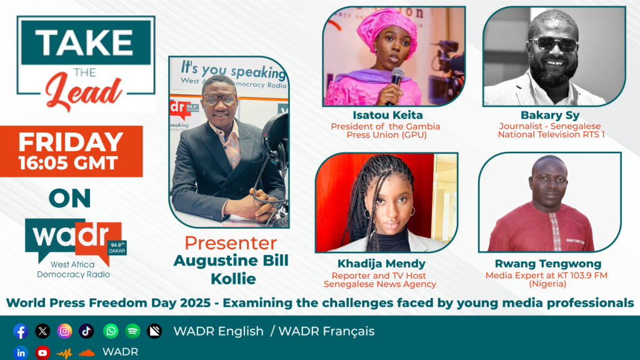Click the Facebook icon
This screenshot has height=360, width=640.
21,331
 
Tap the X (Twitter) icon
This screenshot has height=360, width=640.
42,331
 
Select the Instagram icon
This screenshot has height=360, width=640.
64,331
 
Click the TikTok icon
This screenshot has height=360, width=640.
86,331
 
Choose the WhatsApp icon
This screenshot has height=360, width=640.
111,331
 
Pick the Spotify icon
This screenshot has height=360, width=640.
132,331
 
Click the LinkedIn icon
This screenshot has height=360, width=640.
21,352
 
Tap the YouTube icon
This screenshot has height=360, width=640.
42,352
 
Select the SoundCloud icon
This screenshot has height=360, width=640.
86,352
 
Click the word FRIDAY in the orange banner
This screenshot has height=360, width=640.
71,142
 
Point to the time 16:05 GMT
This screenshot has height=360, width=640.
68,163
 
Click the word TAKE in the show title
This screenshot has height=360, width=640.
85,42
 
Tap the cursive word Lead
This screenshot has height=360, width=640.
84,92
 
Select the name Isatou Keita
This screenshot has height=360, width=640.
387,115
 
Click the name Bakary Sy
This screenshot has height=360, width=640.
550,116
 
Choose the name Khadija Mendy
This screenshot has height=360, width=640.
381,264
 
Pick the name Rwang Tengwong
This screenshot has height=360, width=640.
548,264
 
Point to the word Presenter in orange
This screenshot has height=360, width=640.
231,243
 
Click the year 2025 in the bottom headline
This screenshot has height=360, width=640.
196,303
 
